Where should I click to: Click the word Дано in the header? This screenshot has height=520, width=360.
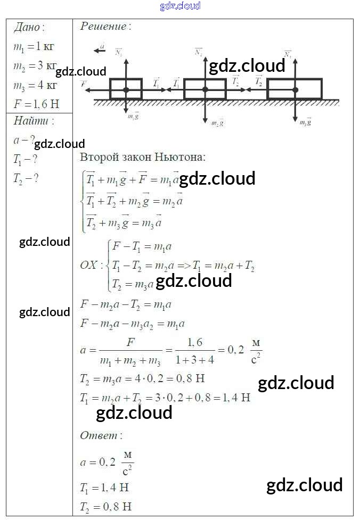point(29,28)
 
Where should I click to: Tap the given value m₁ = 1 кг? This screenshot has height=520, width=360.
point(34,47)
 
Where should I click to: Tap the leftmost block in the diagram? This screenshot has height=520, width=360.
point(126,88)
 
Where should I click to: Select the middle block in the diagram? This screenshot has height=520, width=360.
point(205,89)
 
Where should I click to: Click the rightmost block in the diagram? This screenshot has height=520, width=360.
point(294,88)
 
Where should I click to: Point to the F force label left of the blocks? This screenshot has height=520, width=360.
point(84,84)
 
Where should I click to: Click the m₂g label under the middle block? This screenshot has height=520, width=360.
point(217,123)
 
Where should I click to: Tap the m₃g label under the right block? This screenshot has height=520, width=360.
point(305,122)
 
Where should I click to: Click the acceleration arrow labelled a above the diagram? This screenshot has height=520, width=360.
point(100,49)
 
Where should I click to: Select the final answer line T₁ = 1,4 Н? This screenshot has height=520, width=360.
point(105,488)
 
